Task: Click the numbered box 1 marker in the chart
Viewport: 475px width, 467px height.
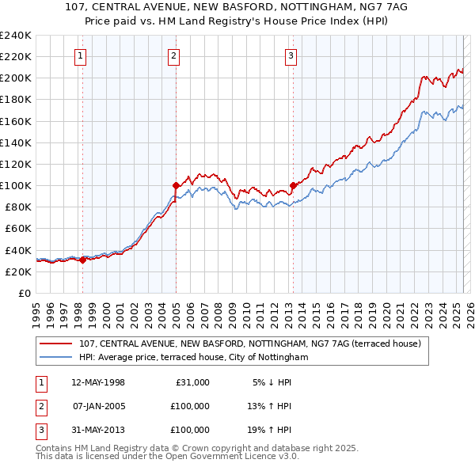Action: [82, 55]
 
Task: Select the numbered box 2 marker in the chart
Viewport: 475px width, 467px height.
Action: [173, 55]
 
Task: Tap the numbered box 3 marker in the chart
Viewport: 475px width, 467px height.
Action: [291, 55]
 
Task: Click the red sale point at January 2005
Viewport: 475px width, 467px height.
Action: [176, 185]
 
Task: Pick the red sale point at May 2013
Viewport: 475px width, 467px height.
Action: [293, 185]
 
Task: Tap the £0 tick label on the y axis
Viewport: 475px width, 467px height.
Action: [25, 293]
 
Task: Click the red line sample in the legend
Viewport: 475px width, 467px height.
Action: [56, 344]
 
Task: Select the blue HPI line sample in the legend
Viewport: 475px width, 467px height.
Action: [56, 357]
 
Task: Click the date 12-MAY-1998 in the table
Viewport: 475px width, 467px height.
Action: [98, 382]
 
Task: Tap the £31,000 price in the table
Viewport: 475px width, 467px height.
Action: [192, 382]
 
